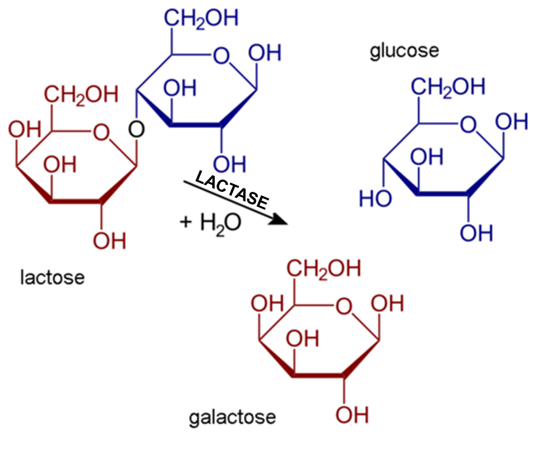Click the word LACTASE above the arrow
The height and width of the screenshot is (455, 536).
231,191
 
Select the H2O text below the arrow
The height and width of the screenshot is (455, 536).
219,222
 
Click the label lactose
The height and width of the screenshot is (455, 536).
52,277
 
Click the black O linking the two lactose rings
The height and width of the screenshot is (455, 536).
136,130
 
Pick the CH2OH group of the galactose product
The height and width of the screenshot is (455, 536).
325,269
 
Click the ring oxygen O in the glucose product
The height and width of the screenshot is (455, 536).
470,124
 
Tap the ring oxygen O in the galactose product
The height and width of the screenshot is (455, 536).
344,306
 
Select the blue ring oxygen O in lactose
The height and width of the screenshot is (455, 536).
221,55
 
